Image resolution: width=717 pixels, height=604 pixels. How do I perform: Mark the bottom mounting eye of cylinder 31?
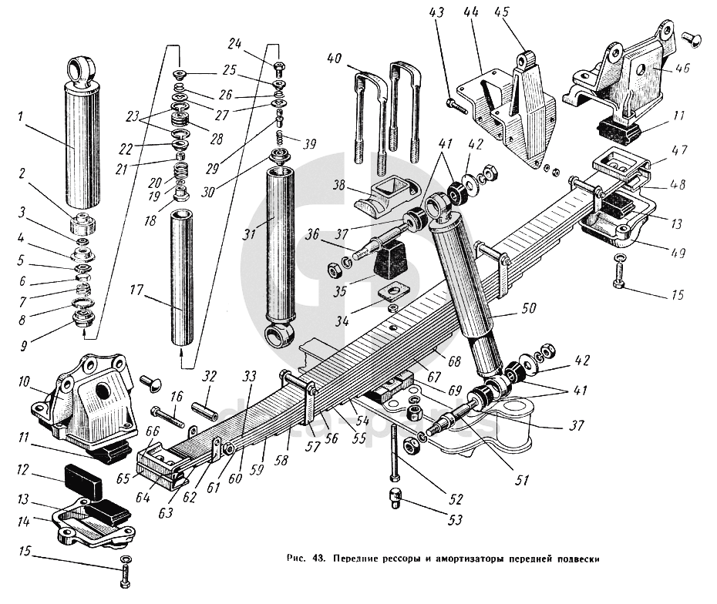pos(278,334)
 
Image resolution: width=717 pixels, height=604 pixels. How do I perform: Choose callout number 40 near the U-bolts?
pos(334,59)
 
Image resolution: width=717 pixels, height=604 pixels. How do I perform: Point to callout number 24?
pos(235,43)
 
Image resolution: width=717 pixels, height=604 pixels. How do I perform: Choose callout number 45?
pos(523,13)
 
